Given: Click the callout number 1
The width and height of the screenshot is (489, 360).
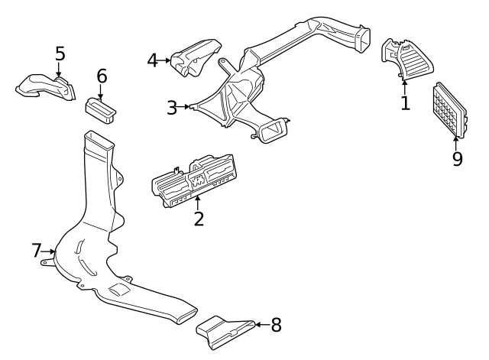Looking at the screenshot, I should click(405, 102).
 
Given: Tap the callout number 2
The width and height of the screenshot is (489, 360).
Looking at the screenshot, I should click(199, 219).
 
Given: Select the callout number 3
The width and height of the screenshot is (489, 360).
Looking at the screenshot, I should click(173, 107).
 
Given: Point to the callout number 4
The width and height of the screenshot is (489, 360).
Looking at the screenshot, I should click(153, 60).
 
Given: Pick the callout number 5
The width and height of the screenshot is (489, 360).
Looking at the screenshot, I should click(60, 54).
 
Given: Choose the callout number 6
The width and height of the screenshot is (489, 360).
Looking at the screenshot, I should click(102, 76).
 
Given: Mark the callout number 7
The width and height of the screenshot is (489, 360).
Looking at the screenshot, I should click(36, 250).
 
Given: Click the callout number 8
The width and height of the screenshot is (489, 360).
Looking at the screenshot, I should click(276, 325).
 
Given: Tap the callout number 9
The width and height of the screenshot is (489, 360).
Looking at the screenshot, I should click(457, 159).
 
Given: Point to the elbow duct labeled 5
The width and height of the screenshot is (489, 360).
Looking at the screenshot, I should click(46, 86).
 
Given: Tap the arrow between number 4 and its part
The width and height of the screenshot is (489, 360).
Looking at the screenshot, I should click(166, 60).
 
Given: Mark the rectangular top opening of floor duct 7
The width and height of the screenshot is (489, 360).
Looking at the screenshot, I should click(97, 140).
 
